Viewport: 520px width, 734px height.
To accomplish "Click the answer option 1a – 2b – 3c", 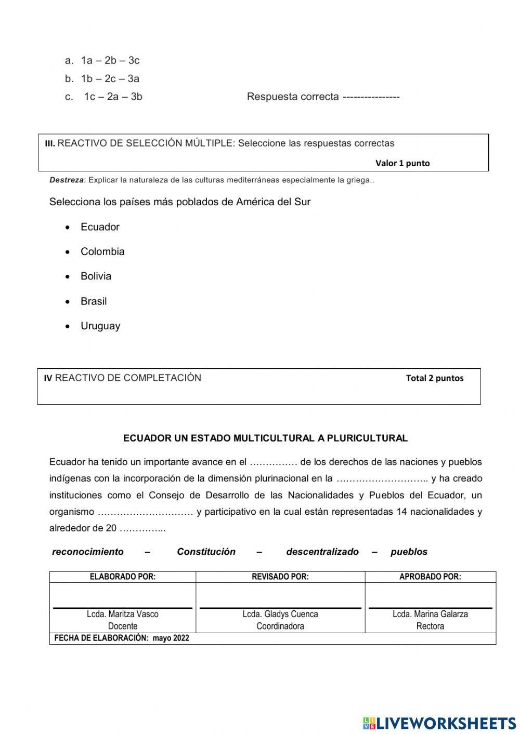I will [110, 60].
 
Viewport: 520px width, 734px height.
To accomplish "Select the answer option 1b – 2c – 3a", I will [110, 79].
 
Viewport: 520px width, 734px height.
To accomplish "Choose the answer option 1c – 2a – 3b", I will [113, 97].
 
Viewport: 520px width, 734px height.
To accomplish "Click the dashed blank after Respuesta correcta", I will [371, 97].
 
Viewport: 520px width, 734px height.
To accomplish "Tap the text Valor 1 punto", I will [402, 163].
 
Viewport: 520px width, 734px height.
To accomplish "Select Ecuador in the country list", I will [100, 227].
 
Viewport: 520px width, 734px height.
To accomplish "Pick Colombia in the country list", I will [102, 251].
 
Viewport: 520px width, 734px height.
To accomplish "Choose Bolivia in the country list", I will [96, 276].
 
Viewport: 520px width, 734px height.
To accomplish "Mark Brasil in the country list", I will [94, 301].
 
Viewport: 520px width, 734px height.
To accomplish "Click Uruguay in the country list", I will [100, 326].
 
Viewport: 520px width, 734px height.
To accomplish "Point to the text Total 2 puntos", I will [434, 378].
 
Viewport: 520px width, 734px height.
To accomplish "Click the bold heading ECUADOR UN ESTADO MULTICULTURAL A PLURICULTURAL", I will [265, 438].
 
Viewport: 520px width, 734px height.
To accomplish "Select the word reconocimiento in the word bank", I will [88, 552].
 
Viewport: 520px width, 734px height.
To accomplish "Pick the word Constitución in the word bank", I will [206, 552].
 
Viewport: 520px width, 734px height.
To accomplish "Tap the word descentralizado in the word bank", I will [322, 552].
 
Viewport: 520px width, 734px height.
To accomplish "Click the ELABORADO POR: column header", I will [123, 577].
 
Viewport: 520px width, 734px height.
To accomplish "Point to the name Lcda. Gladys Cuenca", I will [280, 614].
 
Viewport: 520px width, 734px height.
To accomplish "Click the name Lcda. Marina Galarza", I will [430, 614].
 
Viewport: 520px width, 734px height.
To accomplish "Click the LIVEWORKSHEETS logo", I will [439, 723].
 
